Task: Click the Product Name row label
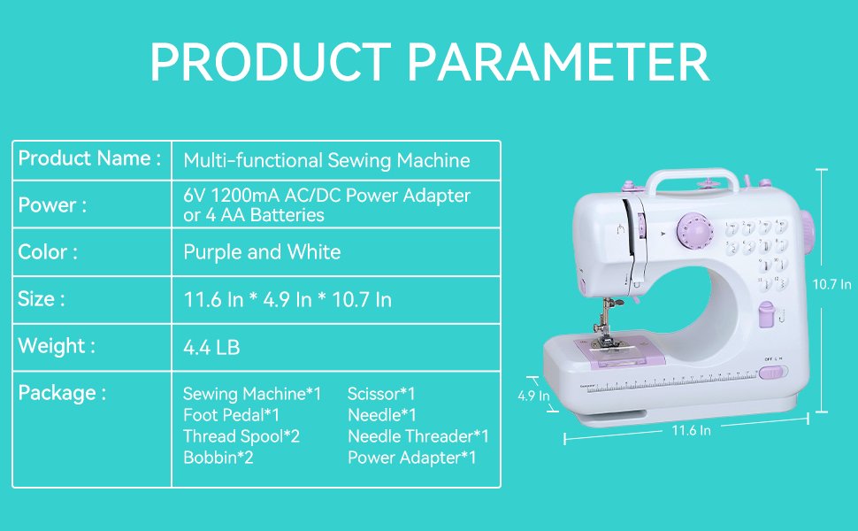click(89, 159)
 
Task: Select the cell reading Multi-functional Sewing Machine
click(326, 161)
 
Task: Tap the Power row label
click(52, 205)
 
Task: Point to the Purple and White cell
click(262, 252)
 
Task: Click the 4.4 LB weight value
click(211, 348)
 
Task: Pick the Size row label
click(42, 299)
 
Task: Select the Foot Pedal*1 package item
click(232, 415)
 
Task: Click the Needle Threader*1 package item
click(418, 436)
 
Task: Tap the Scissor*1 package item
click(381, 394)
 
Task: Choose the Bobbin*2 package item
click(218, 458)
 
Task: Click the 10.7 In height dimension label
click(832, 284)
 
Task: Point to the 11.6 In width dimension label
click(691, 430)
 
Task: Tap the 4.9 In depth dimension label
click(533, 396)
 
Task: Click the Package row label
click(62, 393)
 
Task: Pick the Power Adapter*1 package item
click(412, 458)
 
